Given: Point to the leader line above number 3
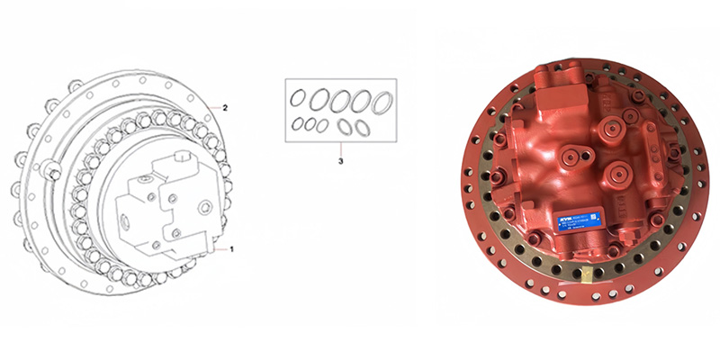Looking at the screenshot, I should [x=340, y=149].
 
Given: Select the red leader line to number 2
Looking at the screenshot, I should [x=212, y=106].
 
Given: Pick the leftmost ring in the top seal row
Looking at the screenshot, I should [x=297, y=96].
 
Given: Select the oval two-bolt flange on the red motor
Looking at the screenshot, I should [x=570, y=157].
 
